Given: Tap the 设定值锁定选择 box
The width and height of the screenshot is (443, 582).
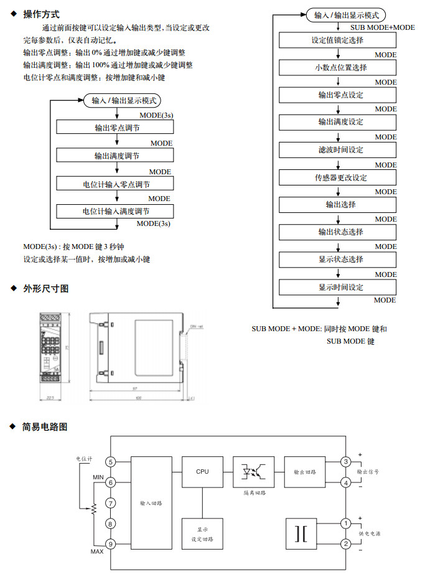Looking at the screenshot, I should [338, 40].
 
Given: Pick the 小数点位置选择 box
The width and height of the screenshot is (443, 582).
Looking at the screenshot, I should [338, 68].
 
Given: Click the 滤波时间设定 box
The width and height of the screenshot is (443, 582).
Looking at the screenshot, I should [338, 150].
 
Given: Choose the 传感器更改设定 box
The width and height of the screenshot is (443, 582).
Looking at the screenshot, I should [338, 177].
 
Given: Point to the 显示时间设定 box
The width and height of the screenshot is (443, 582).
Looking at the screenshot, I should [338, 287].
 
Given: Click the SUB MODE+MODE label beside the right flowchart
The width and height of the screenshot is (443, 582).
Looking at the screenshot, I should [383, 27].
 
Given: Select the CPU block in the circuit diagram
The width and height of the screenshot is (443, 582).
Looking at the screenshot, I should [202, 472].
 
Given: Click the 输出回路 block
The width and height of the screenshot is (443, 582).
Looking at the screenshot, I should [305, 472].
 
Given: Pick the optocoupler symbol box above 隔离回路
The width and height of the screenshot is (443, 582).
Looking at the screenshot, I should [253, 472].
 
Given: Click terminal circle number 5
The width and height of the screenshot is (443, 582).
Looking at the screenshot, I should [111, 462].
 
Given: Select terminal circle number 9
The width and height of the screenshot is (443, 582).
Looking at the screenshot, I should [111, 544].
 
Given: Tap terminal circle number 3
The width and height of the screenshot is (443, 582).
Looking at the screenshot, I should [346, 462].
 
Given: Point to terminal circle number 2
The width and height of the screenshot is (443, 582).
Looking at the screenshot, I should [346, 544].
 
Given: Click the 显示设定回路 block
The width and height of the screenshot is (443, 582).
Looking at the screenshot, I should [202, 533].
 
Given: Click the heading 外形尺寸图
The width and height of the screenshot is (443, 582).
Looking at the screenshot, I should [45, 288].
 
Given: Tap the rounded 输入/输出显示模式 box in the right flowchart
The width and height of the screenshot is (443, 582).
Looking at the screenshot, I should [346, 15].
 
